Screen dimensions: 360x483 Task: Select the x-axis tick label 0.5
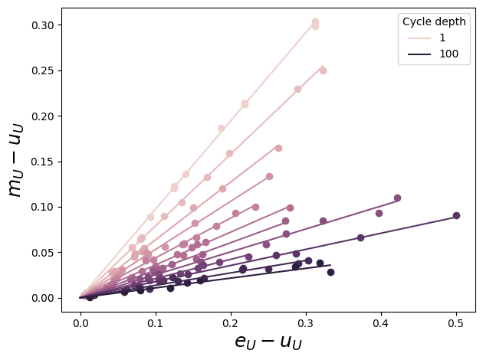coord(457,323)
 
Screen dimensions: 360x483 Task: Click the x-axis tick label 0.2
coord(231,323)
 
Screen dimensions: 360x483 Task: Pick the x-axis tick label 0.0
coord(80,323)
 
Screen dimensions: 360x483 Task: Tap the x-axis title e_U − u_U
coord(268,342)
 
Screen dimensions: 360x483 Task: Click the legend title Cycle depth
coord(434,21)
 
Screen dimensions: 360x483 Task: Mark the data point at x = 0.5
coord(456,216)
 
